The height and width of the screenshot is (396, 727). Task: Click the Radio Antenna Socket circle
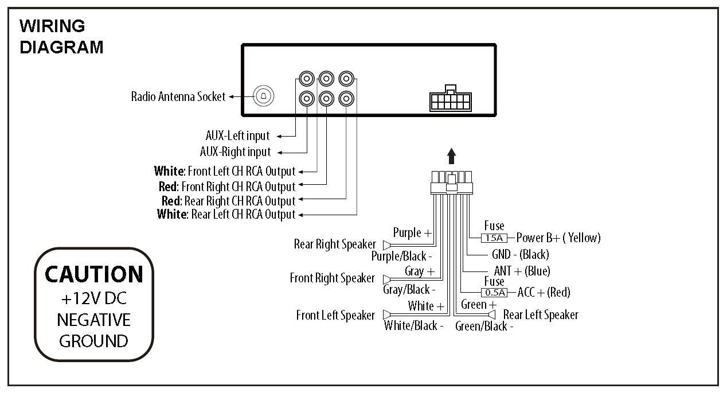(x=264, y=96)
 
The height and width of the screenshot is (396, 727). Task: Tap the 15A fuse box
(x=494, y=238)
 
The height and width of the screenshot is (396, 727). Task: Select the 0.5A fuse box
(x=494, y=293)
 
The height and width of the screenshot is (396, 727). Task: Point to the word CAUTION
(x=94, y=274)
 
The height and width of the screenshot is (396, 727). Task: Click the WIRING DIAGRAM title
(x=61, y=36)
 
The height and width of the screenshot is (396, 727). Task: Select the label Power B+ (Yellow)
(x=558, y=238)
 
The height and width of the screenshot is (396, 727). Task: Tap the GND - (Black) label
(x=520, y=254)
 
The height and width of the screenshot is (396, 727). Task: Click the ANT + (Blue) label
(x=521, y=271)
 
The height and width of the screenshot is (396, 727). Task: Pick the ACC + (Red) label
(x=544, y=293)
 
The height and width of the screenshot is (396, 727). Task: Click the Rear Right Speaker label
(x=335, y=244)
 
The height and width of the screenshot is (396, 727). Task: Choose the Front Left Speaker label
(x=335, y=316)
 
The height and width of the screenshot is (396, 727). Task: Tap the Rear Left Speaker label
(x=540, y=315)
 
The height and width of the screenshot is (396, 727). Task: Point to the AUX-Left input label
(x=237, y=136)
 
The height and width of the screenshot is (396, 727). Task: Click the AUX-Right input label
(x=235, y=152)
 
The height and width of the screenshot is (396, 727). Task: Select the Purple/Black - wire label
(x=401, y=256)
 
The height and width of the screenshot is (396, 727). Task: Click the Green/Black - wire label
(x=483, y=327)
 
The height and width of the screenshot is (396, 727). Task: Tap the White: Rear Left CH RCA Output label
(x=226, y=215)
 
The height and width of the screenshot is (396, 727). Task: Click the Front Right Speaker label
(x=332, y=278)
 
